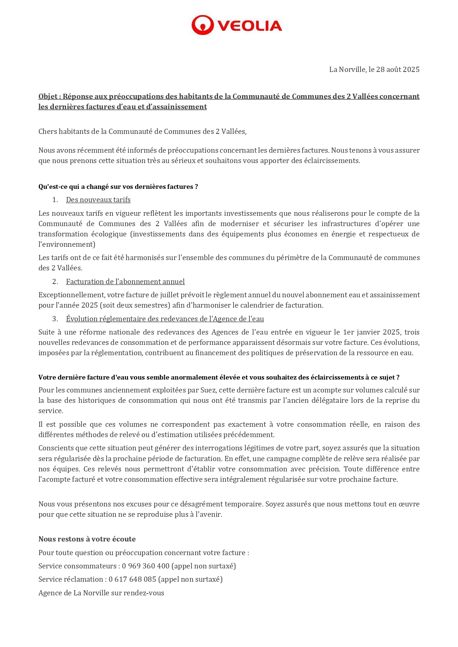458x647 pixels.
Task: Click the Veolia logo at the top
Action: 237,25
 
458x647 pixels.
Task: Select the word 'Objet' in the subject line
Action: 48,96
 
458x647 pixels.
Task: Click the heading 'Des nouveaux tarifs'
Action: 98,200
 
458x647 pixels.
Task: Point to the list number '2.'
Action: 55,281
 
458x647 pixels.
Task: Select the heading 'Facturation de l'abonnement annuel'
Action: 125,281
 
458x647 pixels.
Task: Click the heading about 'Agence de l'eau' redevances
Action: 165,319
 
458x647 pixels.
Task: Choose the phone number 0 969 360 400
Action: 145,566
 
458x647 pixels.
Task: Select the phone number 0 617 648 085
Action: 132,579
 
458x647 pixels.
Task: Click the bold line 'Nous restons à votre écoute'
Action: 87,539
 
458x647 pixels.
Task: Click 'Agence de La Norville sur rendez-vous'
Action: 101,593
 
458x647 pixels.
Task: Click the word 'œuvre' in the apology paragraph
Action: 409,504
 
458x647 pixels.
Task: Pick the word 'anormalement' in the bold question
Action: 168,377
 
